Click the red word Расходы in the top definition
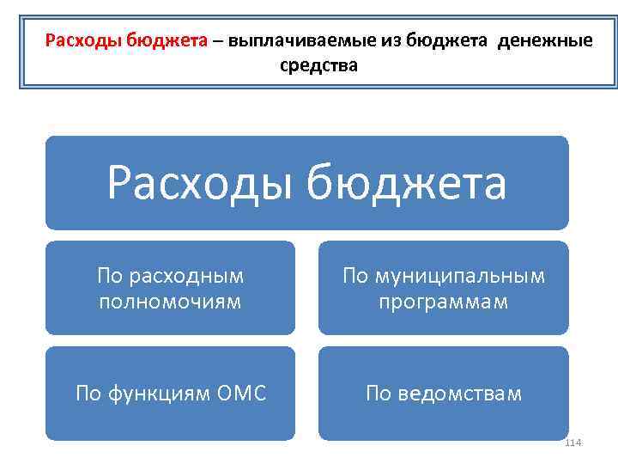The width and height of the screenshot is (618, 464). coord(82,40)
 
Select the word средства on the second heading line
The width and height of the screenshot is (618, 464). coord(319,64)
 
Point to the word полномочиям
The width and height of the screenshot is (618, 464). coord(170,302)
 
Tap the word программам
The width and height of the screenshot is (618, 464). coord(443,302)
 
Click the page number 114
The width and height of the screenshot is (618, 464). coord(573,442)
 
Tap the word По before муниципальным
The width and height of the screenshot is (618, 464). coord(355,276)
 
